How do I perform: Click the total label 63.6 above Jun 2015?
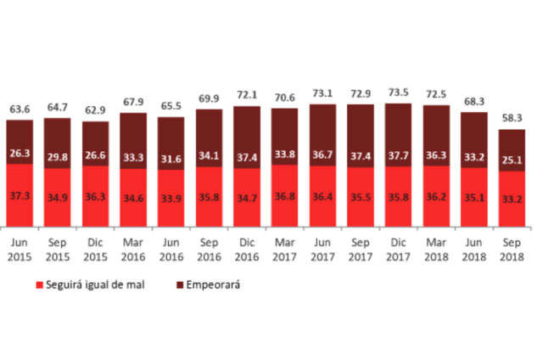point(19,110)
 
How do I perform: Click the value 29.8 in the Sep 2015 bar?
point(57,155)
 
